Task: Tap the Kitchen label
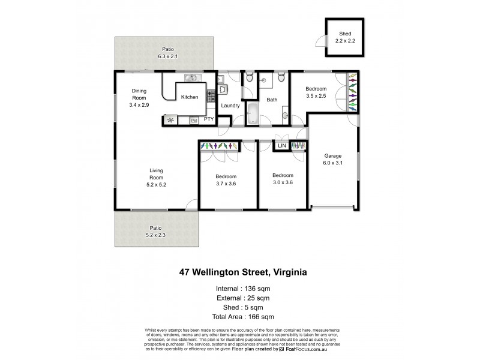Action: [x=190, y=97]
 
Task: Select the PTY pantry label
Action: [x=209, y=119]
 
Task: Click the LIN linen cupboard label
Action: [x=281, y=145]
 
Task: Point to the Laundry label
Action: [x=230, y=106]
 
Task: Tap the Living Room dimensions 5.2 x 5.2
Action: [x=157, y=185]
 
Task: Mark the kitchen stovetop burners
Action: [x=211, y=95]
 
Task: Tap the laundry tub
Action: [x=223, y=89]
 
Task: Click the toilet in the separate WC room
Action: [x=248, y=76]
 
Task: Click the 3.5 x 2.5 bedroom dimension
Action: [x=316, y=95]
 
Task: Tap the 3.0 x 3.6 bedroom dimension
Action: [x=283, y=182]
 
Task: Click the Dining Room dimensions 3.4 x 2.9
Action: [x=139, y=104]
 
